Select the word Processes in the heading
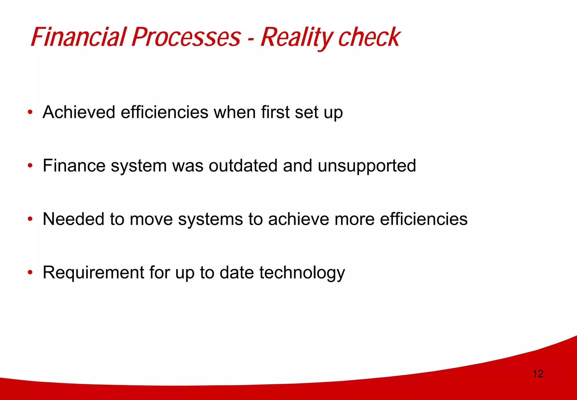click(x=186, y=37)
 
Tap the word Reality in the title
click(x=297, y=37)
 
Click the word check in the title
click(x=369, y=37)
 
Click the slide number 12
click(x=538, y=374)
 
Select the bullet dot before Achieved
click(x=30, y=112)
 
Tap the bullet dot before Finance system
click(x=30, y=166)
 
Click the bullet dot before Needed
click(x=30, y=219)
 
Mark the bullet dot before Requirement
click(x=30, y=273)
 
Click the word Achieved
click(x=79, y=112)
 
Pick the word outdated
click(x=243, y=165)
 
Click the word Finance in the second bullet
click(x=74, y=165)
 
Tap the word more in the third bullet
click(x=354, y=219)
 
